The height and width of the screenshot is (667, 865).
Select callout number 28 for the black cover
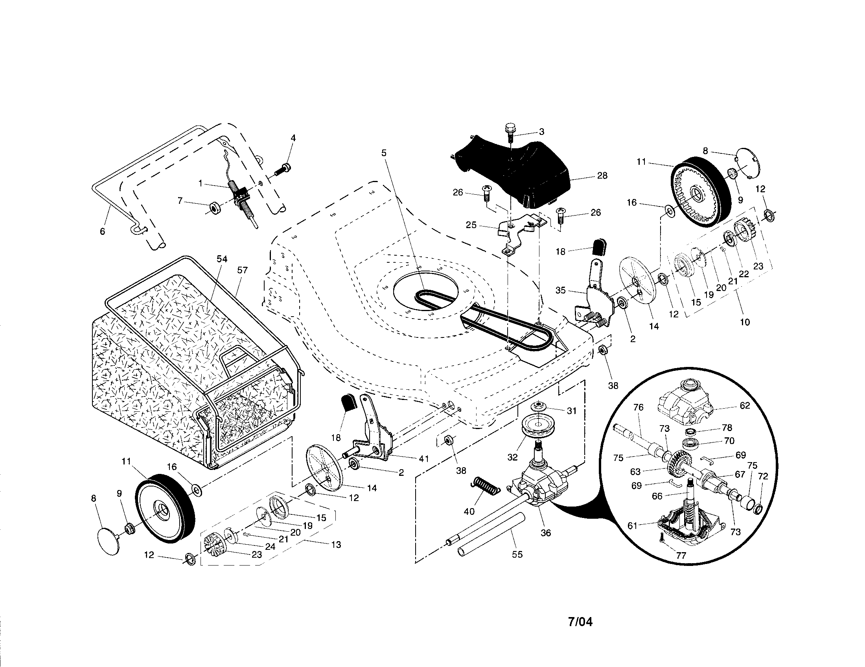coord(602,175)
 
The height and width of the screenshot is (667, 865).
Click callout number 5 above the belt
coord(384,153)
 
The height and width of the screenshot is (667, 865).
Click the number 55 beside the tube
coord(517,555)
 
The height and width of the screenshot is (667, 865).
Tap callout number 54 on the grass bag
coord(222,259)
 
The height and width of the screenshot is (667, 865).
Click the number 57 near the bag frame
coord(242,270)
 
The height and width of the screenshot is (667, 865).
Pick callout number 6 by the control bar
coord(102,232)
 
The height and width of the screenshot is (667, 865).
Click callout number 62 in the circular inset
coord(745,405)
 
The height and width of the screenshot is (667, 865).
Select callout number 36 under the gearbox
coord(545,533)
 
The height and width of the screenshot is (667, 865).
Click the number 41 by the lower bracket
coord(424,459)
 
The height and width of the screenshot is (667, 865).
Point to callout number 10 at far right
coord(745,322)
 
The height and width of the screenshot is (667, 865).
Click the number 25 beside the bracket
coord(471,225)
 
